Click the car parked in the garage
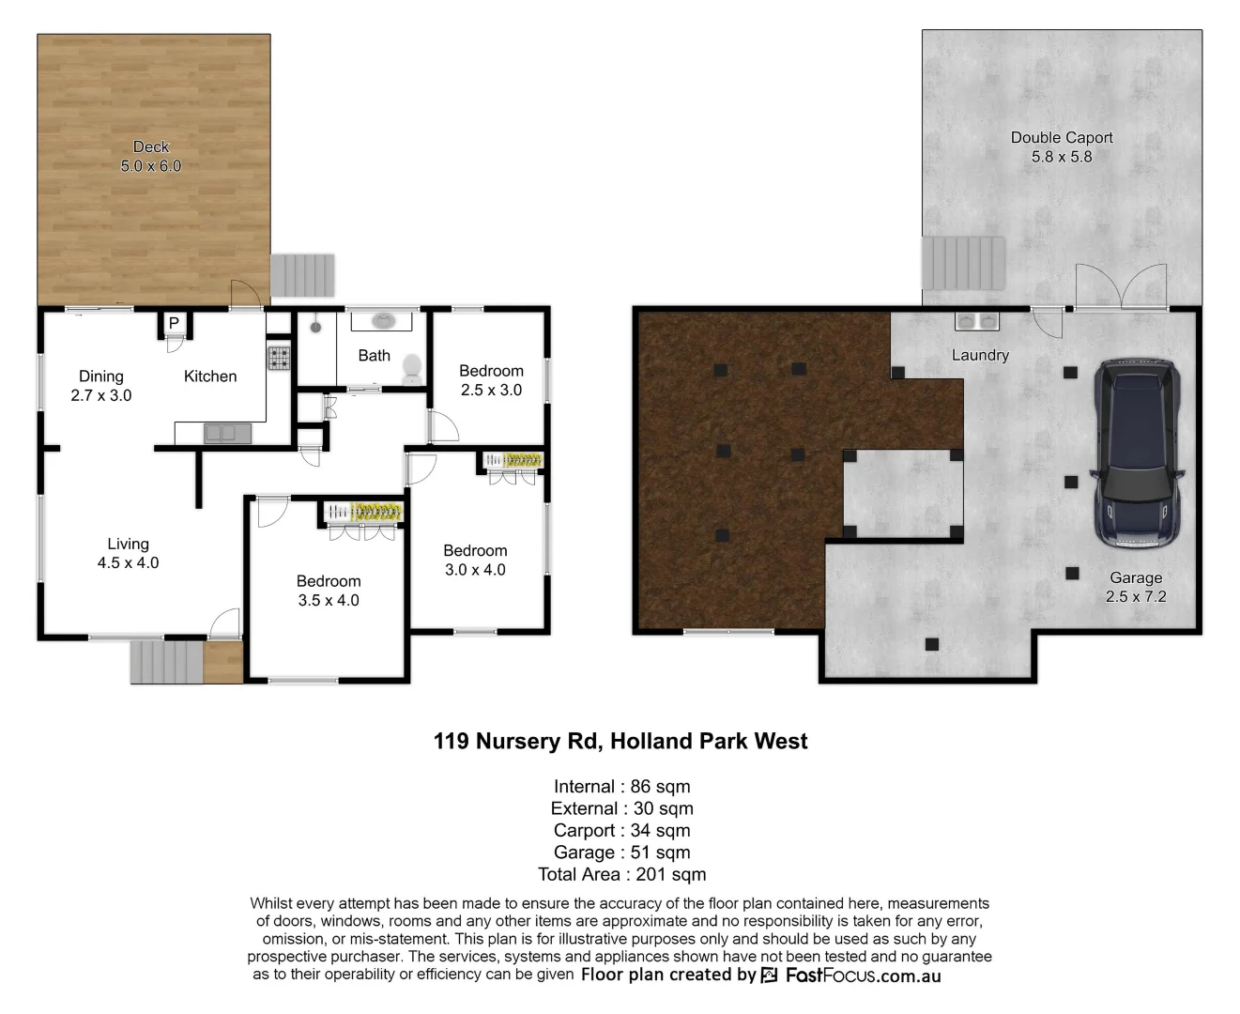pos(1136,453)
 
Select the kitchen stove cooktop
pos(279,358)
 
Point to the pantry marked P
pos(174,324)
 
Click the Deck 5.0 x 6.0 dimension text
pos(151,166)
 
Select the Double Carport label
pos(1062,137)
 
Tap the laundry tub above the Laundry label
pos(977,321)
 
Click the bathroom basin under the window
pos(383,321)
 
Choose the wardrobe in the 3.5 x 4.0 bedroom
pos(364,513)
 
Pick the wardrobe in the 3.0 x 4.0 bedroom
pos(513,460)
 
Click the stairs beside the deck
pos(302,275)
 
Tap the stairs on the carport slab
pos(963,263)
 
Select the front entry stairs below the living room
pos(166,661)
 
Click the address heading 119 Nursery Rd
pos(620,741)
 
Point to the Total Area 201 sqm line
pos(621,874)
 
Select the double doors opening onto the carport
pos(1121,287)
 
